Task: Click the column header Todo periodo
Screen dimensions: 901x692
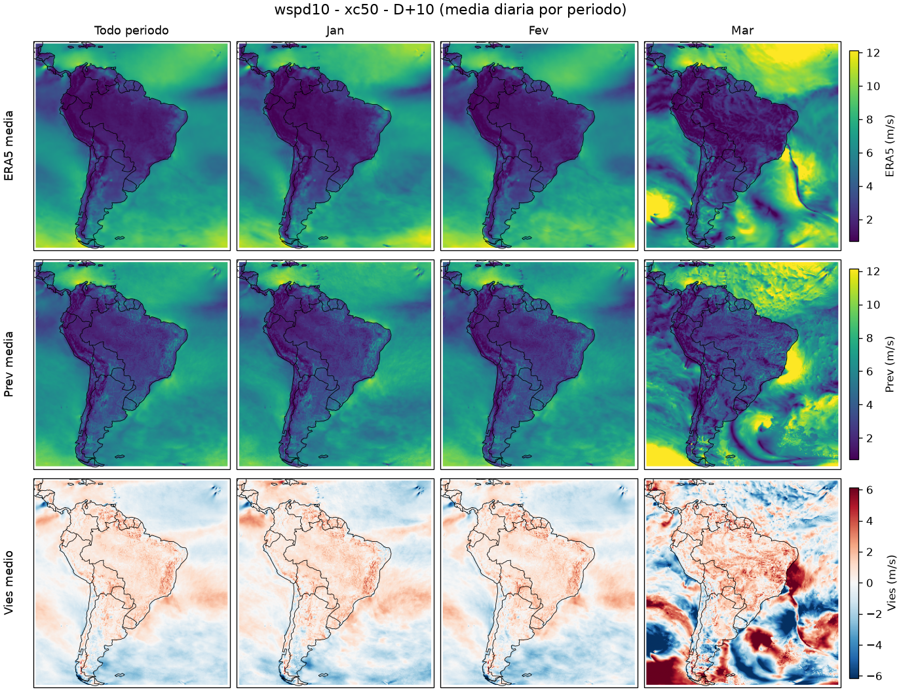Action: tap(132, 31)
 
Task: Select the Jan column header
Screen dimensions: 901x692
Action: tap(335, 31)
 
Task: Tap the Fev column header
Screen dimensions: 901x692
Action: tap(539, 31)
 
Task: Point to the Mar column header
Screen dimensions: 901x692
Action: tap(742, 31)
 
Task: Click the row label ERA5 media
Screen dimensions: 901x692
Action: tap(9, 145)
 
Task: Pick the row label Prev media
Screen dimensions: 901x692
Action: tap(9, 364)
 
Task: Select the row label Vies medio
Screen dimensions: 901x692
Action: tap(9, 583)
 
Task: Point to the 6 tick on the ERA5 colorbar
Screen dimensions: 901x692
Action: tap(870, 153)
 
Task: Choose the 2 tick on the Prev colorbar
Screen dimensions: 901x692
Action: tap(870, 438)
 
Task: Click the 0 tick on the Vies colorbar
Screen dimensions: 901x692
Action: tap(870, 583)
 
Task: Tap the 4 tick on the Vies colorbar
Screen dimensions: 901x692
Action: tap(870, 521)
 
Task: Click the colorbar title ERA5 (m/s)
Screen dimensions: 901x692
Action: tap(890, 145)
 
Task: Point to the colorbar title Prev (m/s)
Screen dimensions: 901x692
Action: tap(890, 364)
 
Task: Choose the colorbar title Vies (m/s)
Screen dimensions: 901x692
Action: tap(890, 583)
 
